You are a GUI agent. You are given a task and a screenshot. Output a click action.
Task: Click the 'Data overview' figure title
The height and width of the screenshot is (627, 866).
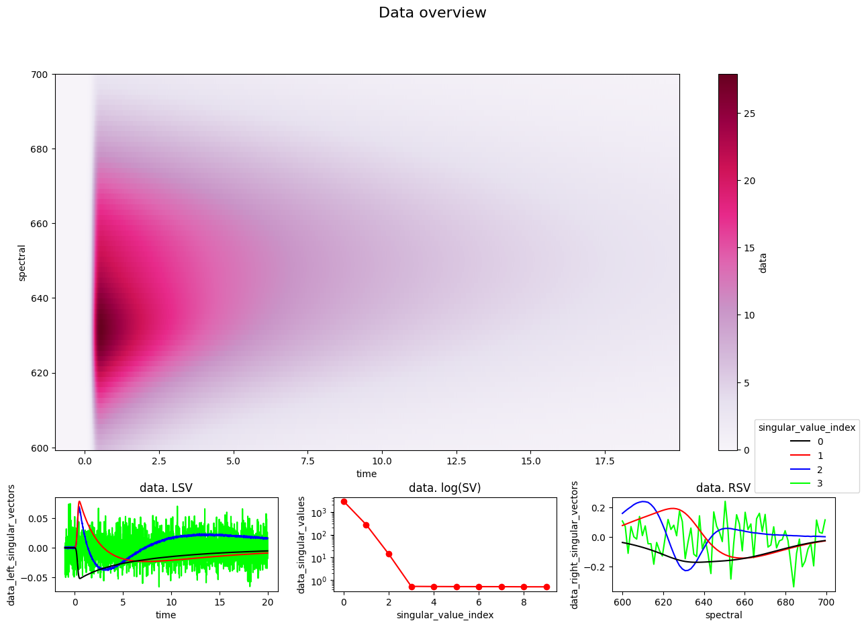432,13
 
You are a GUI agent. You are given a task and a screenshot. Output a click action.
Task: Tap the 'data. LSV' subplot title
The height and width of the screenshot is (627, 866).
166,488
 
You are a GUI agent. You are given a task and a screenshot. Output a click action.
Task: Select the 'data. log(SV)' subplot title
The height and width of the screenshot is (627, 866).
444,488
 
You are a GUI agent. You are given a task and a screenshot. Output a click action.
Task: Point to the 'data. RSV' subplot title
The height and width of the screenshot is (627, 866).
723,488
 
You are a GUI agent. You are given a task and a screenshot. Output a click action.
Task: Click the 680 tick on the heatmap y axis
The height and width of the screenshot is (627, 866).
39,149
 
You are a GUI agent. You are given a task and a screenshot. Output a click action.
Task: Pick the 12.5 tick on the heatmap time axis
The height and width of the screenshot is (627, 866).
456,461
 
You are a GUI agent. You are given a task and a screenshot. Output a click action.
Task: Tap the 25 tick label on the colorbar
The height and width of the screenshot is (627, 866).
749,114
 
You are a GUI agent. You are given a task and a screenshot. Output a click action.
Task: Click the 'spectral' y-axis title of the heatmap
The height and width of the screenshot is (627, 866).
21,263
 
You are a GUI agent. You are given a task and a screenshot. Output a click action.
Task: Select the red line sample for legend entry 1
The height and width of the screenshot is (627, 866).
800,455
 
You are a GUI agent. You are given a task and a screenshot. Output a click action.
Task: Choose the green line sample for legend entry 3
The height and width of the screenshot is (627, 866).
800,483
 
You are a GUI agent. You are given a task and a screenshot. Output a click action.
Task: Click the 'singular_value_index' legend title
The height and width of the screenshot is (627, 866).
807,427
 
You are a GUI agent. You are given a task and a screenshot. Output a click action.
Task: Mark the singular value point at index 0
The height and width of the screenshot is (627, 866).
344,501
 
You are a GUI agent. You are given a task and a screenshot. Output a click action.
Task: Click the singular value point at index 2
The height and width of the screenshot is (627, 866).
389,554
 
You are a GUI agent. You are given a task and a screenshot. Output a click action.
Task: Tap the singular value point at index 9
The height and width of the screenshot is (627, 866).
546,587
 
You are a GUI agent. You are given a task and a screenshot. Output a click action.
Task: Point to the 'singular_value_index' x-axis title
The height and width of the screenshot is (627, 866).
445,615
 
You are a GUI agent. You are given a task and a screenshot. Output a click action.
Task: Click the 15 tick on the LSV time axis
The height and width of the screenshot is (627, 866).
220,602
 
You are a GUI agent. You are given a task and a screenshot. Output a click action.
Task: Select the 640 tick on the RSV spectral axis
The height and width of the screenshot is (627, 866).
704,602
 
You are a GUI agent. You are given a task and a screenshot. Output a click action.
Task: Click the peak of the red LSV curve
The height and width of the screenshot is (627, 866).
79,501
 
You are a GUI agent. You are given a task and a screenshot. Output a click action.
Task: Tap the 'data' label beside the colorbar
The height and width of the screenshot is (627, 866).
763,263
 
